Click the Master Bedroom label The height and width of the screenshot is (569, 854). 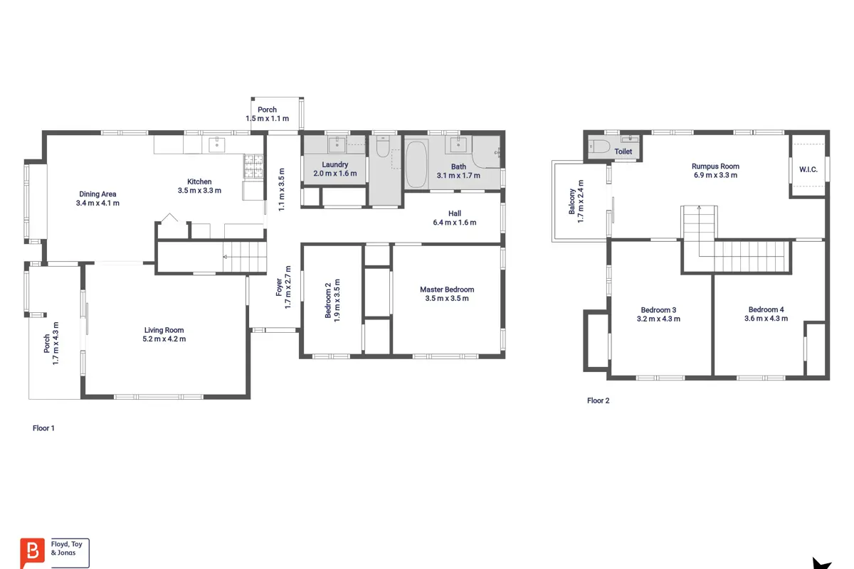click(x=447, y=289)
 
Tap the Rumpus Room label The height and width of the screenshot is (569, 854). click(x=715, y=166)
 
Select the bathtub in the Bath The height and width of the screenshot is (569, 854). click(x=416, y=164)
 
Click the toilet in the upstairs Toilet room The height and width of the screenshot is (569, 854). click(x=599, y=147)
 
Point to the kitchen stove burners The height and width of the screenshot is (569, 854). click(x=253, y=166)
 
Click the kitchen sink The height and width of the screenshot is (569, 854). click(x=216, y=145)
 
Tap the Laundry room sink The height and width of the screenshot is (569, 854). click(x=337, y=144)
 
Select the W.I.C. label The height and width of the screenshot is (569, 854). click(x=808, y=169)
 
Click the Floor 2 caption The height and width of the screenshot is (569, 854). click(x=599, y=400)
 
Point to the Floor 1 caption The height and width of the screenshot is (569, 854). click(x=43, y=428)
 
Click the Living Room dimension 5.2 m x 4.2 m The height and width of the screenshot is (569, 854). click(x=164, y=339)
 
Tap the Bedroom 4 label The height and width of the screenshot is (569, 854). click(x=766, y=310)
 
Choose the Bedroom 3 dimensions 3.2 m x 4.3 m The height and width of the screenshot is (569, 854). click(x=658, y=319)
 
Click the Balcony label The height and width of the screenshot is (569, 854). click(x=572, y=201)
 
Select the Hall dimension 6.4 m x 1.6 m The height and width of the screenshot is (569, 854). click(x=455, y=223)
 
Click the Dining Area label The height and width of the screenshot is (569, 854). click(x=97, y=194)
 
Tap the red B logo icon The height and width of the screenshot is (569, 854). click(x=32, y=553)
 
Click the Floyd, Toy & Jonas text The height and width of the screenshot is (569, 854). click(x=67, y=548)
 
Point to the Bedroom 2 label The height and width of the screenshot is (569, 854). click(x=328, y=300)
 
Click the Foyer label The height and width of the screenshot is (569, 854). click(x=279, y=287)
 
